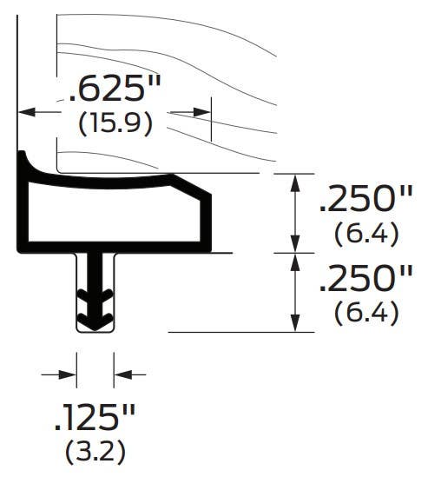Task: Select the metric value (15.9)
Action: [x=115, y=123]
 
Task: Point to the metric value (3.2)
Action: [x=95, y=452]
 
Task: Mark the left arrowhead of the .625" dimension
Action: [x=26, y=112]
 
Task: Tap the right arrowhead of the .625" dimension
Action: [x=203, y=112]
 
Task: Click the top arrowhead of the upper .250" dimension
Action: [x=296, y=180]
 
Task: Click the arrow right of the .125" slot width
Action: [x=121, y=374]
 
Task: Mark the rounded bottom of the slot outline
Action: [x=94, y=331]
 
